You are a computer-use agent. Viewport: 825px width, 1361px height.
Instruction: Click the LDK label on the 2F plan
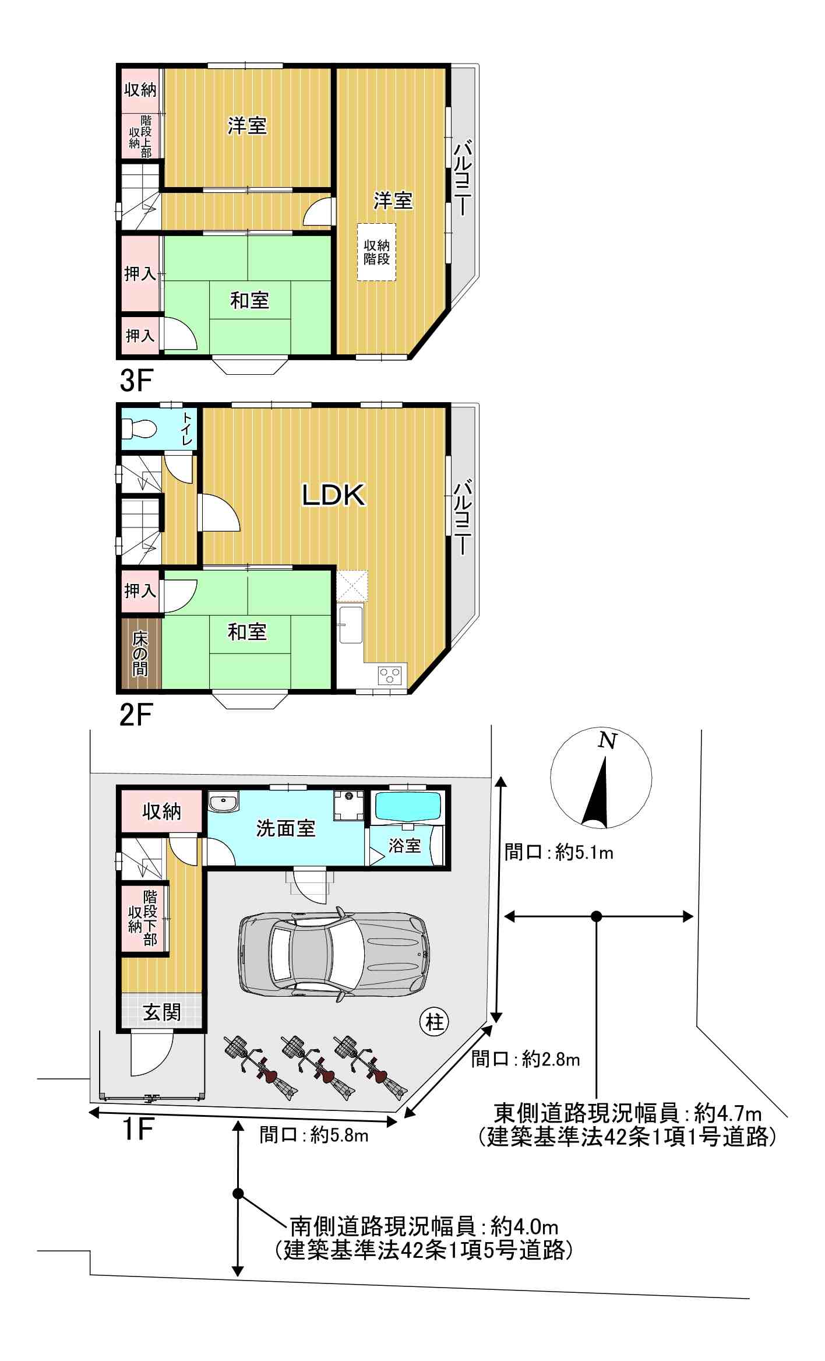coord(333,495)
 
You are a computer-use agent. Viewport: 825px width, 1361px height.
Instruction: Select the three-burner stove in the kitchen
coord(390,676)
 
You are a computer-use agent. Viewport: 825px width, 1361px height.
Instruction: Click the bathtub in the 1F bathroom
coord(407,806)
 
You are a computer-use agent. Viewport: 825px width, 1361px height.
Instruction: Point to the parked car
coord(333,954)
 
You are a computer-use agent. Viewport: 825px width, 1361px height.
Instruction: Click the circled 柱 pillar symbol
coord(435,1022)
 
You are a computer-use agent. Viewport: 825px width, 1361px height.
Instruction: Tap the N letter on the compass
coord(608,741)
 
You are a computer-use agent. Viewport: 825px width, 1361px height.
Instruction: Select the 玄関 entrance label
coord(161,1012)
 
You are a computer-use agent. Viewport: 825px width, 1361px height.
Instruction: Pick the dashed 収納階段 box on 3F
coord(376,252)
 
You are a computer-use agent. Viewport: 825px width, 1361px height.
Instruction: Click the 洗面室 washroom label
coord(285,828)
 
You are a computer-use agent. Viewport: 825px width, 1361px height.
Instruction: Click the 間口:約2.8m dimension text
coord(526,1058)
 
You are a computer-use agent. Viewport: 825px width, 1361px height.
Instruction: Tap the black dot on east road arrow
coord(596,916)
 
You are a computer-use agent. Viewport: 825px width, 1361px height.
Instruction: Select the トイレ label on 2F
coord(186,429)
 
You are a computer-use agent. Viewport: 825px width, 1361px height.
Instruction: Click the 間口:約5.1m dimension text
coord(559,853)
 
